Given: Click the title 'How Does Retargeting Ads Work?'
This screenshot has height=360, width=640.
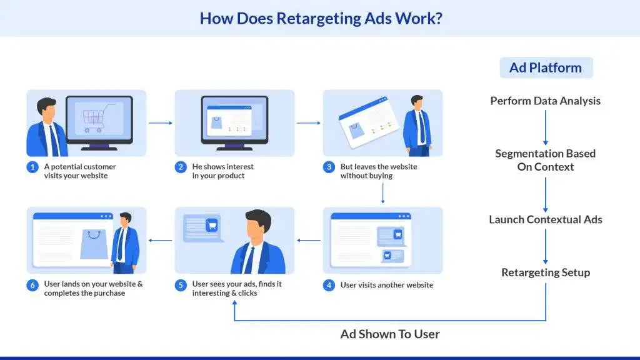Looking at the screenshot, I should click(x=321, y=18).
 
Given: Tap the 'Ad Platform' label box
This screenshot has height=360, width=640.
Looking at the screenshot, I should click(x=546, y=67).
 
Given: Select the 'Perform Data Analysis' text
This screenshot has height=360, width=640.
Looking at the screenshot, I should click(x=545, y=101).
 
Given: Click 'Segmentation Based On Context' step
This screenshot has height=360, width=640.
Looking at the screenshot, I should click(x=545, y=160).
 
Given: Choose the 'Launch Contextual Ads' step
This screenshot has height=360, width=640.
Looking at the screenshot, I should click(x=545, y=219).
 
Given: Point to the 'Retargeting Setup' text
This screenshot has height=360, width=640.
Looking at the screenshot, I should click(x=545, y=272).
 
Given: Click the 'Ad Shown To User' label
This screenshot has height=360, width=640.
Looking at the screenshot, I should click(x=390, y=334).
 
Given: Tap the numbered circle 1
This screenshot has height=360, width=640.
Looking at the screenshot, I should click(x=32, y=167).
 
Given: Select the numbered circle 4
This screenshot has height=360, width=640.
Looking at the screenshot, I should click(x=329, y=285).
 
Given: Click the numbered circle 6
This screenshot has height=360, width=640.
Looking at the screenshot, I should click(x=32, y=285).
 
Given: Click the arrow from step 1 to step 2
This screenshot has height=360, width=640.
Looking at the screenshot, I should click(x=161, y=123).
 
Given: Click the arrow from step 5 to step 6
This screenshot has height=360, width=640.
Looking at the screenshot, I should click(x=161, y=241).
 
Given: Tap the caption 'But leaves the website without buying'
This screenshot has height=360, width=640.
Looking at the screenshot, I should click(x=378, y=171).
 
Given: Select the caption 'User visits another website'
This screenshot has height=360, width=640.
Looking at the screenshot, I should click(x=386, y=285).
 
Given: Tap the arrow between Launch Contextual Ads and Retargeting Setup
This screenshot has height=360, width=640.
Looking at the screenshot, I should click(x=545, y=246).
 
